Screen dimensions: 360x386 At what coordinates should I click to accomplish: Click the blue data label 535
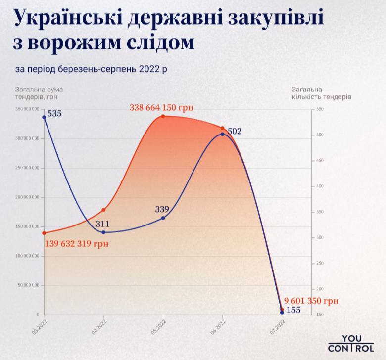pyautogui.click(x=54, y=114)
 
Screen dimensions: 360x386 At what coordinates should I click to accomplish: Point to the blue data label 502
pyautogui.click(x=235, y=131)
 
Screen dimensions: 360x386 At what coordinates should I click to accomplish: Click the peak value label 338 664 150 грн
pyautogui.click(x=161, y=107)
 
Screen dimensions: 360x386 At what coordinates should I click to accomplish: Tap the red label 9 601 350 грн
pyautogui.click(x=311, y=301)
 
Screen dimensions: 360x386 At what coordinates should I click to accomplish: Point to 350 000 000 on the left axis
pyautogui.click(x=27, y=109)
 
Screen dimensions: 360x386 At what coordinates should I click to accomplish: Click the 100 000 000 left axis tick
pyautogui.click(x=27, y=256)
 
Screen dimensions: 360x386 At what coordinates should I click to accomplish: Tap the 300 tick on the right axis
pyautogui.click(x=319, y=237)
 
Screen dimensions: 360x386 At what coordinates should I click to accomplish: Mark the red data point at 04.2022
pyautogui.click(x=103, y=210)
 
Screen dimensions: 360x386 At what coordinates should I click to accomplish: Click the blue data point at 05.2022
pyautogui.click(x=163, y=218)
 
